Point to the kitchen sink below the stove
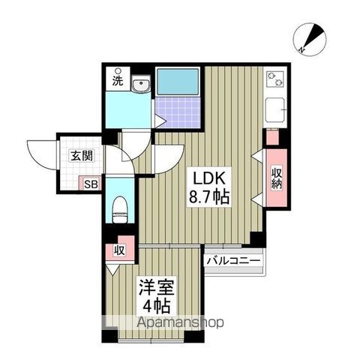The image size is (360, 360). click(x=274, y=110)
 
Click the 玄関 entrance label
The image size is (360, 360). click(x=82, y=157)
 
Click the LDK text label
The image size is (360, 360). click(x=210, y=180)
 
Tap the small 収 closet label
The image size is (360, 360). click(x=119, y=250)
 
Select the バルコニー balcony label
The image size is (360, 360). click(x=233, y=260)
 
